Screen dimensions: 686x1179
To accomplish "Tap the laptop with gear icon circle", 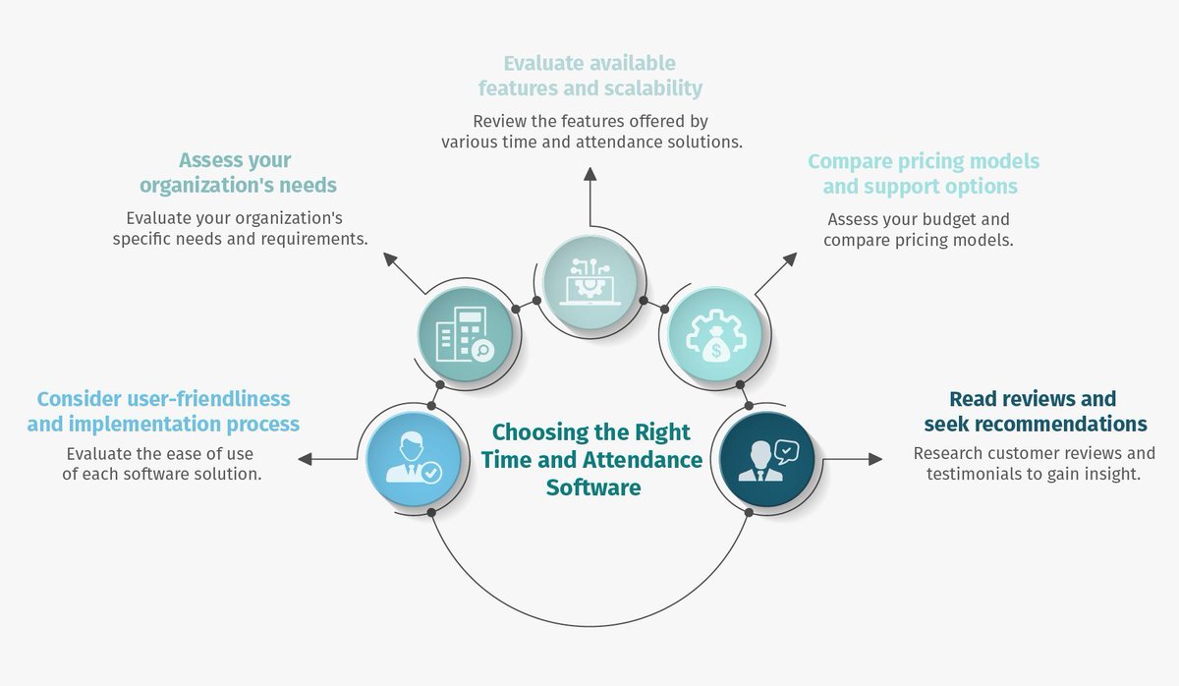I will pos(589,279).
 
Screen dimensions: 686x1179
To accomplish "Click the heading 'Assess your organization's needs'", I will pos(237,173).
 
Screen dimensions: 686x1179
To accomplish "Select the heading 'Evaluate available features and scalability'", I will pos(590,76).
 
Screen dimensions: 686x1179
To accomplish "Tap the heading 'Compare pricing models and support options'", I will pos(923,174).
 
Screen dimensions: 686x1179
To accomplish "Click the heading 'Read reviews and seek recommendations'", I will pos(1035,412).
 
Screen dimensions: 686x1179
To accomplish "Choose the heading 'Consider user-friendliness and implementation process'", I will pos(163,412).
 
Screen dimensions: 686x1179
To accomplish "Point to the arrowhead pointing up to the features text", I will pos(589,174).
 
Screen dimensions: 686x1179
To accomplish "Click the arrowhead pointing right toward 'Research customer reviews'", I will pos(876,458).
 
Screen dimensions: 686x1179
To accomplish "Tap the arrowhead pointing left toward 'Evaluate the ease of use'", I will pos(305,458).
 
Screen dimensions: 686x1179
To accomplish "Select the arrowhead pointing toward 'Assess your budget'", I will pos(790,258).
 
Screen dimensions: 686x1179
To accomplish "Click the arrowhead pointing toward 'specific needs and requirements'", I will pos(390,258).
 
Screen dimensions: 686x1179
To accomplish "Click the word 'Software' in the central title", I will pos(593,487).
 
